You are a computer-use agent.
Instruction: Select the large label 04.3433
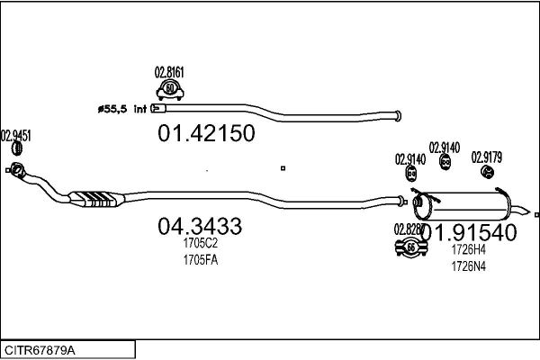(x=199, y=227)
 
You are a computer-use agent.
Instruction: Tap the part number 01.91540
(x=475, y=232)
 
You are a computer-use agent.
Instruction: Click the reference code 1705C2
(x=199, y=244)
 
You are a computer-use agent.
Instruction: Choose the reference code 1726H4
(x=469, y=249)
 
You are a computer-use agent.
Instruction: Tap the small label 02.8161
(x=169, y=72)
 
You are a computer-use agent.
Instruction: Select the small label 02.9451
(x=16, y=136)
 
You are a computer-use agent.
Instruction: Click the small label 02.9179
(x=487, y=157)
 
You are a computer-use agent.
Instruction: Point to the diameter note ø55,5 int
(x=121, y=109)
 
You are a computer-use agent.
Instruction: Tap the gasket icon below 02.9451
(x=15, y=168)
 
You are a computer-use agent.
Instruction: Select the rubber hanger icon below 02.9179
(x=486, y=172)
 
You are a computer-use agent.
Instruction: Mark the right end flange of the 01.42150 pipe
(x=393, y=113)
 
